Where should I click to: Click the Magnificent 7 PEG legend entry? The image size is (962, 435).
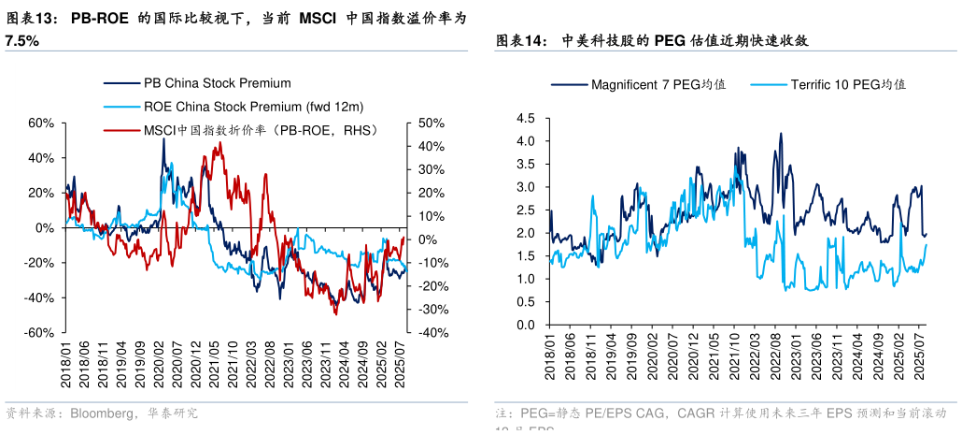coord(658,84)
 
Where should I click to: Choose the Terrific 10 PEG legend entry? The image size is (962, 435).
coord(848,84)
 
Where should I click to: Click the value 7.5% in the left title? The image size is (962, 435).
coord(21,41)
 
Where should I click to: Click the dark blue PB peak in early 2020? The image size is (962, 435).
coord(163,139)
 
